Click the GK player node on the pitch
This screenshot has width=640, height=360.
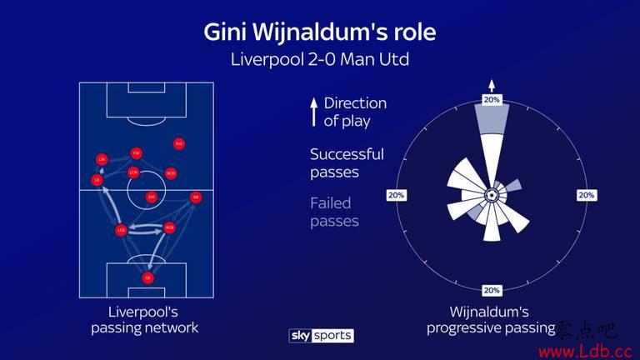point(148,277)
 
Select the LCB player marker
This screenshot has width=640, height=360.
point(121,229)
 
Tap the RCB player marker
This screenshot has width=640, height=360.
point(169,227)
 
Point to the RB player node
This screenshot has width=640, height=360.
point(196,197)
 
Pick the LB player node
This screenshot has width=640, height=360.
point(97,180)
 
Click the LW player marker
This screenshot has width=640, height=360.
point(102,158)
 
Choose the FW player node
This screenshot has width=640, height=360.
point(136,152)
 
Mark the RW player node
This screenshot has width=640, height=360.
point(178,143)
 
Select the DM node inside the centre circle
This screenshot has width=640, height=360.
point(152,197)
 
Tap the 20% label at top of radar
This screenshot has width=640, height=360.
point(492,100)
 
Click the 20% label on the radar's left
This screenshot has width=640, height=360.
point(396,195)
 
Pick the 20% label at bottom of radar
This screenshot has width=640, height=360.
point(492,290)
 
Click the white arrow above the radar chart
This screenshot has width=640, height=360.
point(492,84)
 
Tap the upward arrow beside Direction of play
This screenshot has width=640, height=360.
point(313,112)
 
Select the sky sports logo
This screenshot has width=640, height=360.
point(321,335)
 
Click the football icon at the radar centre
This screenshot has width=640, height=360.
point(492,195)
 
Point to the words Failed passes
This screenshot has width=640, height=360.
point(331,212)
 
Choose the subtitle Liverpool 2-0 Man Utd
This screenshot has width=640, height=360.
point(319,60)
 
